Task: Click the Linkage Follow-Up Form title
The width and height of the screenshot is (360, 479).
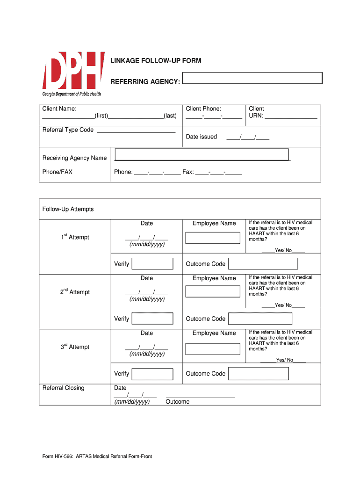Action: [156, 61]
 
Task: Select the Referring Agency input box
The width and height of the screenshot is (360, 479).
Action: [252, 78]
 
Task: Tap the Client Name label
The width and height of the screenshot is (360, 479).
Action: [59, 109]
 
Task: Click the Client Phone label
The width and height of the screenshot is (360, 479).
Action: [203, 109]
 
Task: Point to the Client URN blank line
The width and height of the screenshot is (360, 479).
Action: [291, 116]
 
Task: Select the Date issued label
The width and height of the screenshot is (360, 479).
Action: [202, 137]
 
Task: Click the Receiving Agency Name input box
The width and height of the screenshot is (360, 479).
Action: [202, 154]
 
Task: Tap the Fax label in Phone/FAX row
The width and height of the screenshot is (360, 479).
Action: [188, 172]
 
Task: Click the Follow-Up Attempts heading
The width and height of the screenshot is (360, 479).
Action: [68, 209]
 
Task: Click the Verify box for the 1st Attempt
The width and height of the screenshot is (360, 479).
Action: [152, 264]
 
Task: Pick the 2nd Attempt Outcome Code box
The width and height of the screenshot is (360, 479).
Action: [259, 319]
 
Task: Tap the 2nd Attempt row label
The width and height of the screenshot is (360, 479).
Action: [75, 292]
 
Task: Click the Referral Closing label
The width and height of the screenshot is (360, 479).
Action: [64, 388]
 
